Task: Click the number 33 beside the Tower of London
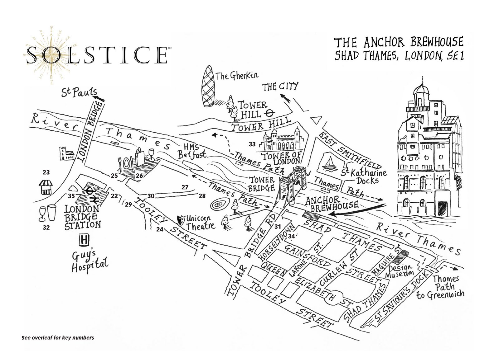pos(252,144)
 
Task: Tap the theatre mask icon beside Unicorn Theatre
pos(180,220)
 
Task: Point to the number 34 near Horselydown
pos(292,236)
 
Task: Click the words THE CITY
pos(280,86)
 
